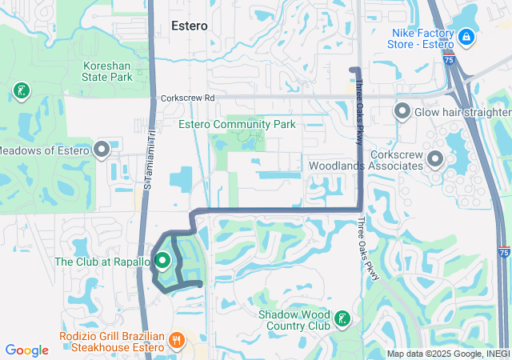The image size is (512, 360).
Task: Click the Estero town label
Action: tap(190, 26)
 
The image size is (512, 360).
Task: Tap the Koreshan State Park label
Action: tap(107, 72)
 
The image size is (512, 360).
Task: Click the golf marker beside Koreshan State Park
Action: tap(22, 91)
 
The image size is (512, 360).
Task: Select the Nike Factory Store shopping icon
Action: tap(466, 37)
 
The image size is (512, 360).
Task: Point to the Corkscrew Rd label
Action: tap(188, 98)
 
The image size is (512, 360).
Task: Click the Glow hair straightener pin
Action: tap(402, 112)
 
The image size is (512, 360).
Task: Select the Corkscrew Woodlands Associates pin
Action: tap(435, 160)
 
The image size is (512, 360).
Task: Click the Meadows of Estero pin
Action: tap(102, 150)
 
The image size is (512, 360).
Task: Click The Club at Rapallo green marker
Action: tap(162, 261)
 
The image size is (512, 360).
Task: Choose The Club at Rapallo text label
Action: tap(102, 262)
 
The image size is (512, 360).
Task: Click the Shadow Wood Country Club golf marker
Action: tap(342, 320)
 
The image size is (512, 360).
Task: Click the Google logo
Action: tap(27, 350)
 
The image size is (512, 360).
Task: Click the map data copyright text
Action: tap(448, 354)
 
